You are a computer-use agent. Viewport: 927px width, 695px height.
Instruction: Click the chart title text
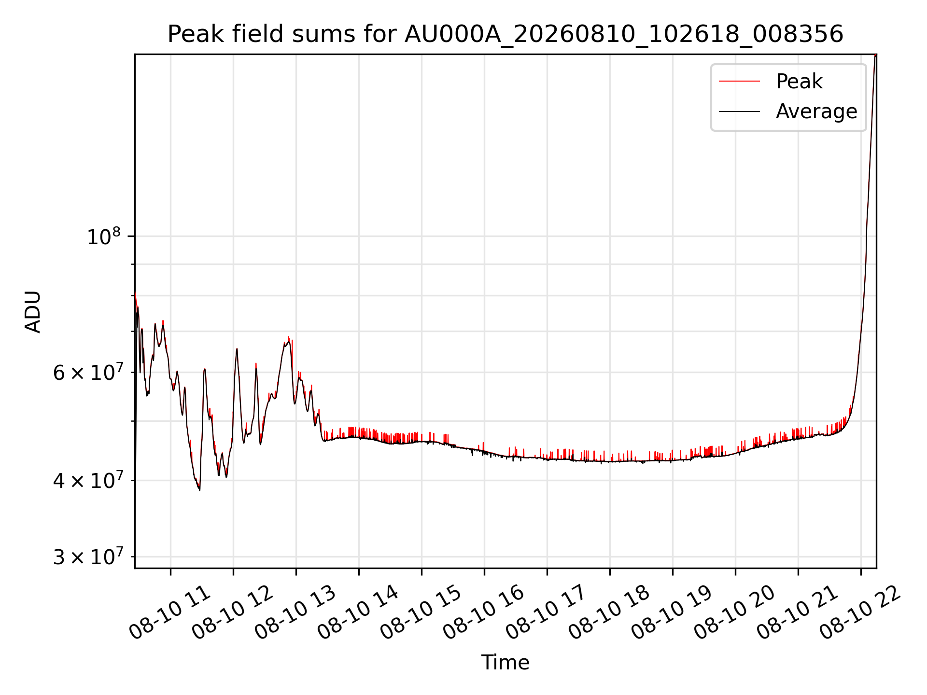tap(505, 34)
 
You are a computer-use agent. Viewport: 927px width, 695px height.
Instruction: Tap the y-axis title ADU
tap(33, 311)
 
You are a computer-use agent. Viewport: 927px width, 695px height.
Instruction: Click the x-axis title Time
tap(505, 662)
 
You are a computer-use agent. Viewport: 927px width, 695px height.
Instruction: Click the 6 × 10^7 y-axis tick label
tap(87, 372)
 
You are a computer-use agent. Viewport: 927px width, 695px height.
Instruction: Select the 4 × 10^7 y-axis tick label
tap(87, 480)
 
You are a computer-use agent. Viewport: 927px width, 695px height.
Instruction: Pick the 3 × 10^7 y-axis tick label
tap(87, 556)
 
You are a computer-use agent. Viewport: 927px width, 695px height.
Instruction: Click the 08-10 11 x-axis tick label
tap(170, 612)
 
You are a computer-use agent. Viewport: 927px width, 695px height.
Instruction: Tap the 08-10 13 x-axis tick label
tap(295, 612)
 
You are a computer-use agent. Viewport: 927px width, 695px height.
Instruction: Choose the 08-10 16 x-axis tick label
tap(484, 612)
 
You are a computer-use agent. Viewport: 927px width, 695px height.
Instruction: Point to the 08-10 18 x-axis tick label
tap(609, 612)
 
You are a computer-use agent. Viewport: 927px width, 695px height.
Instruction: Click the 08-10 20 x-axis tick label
tap(735, 612)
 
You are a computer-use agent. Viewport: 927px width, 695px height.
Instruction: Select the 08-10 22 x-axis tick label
tap(860, 612)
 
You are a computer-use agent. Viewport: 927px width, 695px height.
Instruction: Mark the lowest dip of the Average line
tap(199, 490)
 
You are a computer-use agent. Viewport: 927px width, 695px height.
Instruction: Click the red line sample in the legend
tap(739, 82)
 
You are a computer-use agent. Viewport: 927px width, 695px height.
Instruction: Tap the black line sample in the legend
tap(739, 111)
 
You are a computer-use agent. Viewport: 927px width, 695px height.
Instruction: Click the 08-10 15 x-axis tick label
tap(421, 612)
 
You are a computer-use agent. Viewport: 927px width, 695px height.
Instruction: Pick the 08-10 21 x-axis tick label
tap(798, 612)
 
